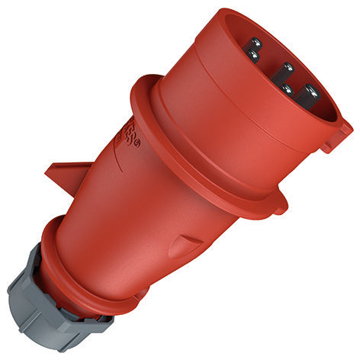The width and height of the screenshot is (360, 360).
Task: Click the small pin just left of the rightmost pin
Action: tap(285, 90)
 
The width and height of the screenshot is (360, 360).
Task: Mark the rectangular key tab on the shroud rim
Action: tap(336, 137)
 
